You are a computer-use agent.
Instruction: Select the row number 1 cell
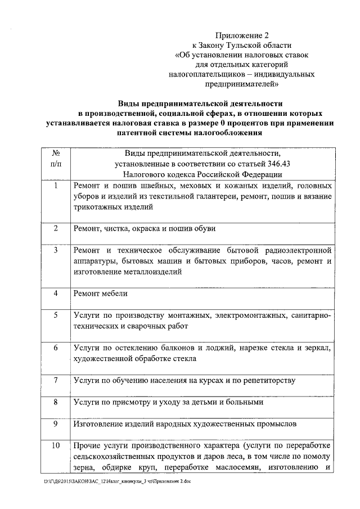56,186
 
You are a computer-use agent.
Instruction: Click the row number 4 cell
56,293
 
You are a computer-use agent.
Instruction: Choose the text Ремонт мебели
101,294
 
